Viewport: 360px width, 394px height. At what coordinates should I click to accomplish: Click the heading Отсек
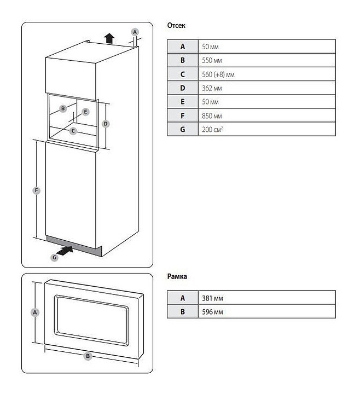pyautogui.click(x=176, y=25)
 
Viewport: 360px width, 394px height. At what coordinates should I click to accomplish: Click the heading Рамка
pyautogui.click(x=177, y=276)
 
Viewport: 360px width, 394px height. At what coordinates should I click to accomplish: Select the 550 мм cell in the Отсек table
pyautogui.click(x=267, y=60)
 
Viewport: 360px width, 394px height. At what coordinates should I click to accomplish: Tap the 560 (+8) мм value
pyautogui.click(x=218, y=74)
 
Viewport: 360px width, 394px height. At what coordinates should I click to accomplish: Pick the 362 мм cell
pyautogui.click(x=267, y=88)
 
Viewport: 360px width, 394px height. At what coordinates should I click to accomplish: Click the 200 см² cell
pyautogui.click(x=267, y=129)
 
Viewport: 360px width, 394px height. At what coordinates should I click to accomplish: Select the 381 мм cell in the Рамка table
pyautogui.click(x=267, y=298)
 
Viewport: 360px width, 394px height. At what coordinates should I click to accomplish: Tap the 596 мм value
pyautogui.click(x=212, y=312)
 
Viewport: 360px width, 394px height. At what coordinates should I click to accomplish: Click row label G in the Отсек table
pyautogui.click(x=183, y=129)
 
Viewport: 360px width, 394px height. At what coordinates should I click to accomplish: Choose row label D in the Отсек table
pyautogui.click(x=183, y=88)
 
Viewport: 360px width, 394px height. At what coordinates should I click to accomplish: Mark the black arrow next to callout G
pyautogui.click(x=65, y=251)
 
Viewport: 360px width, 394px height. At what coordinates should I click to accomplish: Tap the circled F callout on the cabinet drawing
pyautogui.click(x=37, y=190)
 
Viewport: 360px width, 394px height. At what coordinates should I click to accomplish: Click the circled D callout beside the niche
pyautogui.click(x=106, y=124)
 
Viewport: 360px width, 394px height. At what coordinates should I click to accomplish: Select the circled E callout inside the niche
pyautogui.click(x=85, y=112)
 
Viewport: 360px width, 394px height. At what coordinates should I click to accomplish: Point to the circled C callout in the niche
pyautogui.click(x=73, y=131)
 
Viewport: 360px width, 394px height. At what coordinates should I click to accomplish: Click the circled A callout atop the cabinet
pyautogui.click(x=135, y=32)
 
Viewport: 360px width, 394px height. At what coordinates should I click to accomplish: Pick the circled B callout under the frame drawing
pyautogui.click(x=88, y=356)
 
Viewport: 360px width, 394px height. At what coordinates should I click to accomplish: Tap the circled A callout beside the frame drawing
pyautogui.click(x=35, y=312)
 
